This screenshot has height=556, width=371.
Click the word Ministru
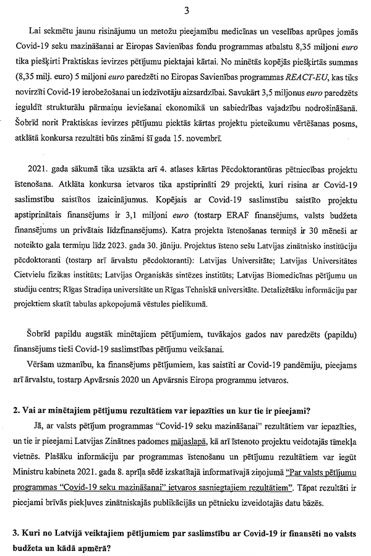[x=30, y=468]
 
